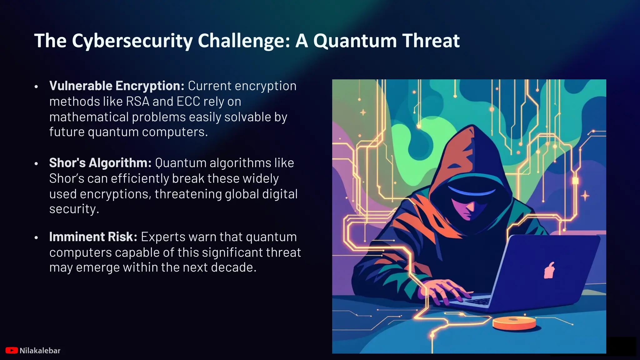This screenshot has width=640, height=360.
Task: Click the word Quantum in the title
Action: tap(355, 41)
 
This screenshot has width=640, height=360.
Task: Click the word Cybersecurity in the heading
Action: tap(132, 41)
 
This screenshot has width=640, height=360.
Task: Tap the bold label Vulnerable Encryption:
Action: tap(117, 86)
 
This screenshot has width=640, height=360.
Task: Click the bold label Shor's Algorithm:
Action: tap(100, 163)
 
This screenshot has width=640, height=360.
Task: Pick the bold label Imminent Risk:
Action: tap(93, 237)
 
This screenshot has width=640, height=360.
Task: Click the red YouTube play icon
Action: tap(12, 351)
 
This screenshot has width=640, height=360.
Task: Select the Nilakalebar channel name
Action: tap(40, 351)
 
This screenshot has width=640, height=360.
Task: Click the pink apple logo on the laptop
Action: tap(549, 271)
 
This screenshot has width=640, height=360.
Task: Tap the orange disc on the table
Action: tap(514, 323)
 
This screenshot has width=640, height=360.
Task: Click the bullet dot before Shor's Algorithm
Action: tap(36, 163)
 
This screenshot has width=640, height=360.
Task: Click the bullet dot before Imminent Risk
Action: tap(36, 237)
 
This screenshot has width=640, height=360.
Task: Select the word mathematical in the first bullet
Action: tap(89, 117)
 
